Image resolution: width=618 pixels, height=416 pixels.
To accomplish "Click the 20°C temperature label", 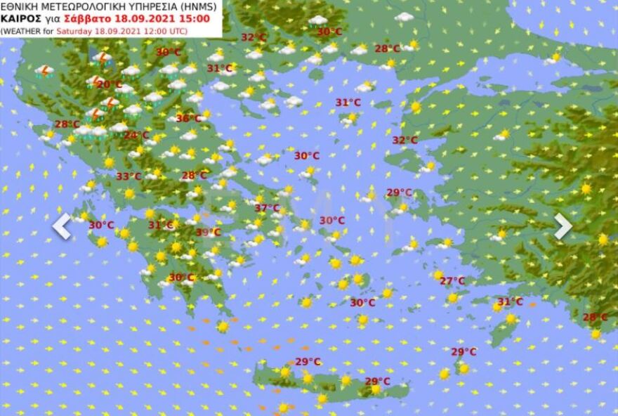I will pyautogui.click(x=109, y=84).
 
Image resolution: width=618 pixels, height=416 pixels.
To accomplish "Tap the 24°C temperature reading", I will pyautogui.click(x=136, y=135).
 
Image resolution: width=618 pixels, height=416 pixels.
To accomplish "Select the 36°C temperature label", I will pyautogui.click(x=188, y=118).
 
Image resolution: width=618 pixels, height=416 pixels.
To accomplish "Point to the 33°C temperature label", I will pyautogui.click(x=129, y=176).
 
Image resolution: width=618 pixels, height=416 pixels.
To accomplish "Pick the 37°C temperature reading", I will pyautogui.click(x=267, y=208).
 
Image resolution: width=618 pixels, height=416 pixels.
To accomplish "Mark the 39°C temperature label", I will pyautogui.click(x=208, y=232).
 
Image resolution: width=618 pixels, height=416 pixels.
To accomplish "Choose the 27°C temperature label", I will pyautogui.click(x=452, y=281).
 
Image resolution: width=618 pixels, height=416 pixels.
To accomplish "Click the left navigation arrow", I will pyautogui.click(x=62, y=226).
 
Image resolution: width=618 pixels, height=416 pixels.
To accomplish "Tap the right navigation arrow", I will pyautogui.click(x=563, y=226).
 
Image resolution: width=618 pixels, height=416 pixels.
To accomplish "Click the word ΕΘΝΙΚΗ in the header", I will pyautogui.click(x=18, y=7).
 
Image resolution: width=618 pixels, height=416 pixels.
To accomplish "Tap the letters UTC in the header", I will pyautogui.click(x=179, y=31).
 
